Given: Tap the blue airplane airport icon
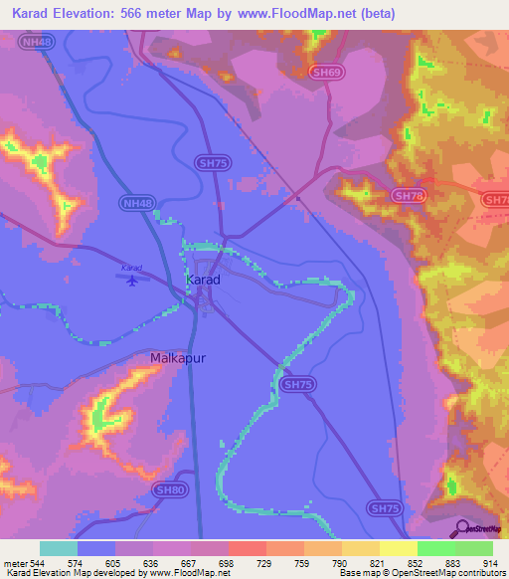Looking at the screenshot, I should tap(132, 280).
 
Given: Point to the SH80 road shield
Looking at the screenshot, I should tap(170, 489).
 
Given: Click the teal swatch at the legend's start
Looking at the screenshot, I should tap(59, 548).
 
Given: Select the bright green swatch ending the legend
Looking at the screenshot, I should tap(474, 548).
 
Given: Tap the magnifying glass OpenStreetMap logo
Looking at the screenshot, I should tap(460, 528).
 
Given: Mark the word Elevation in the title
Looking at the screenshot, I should tap(96, 13).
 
